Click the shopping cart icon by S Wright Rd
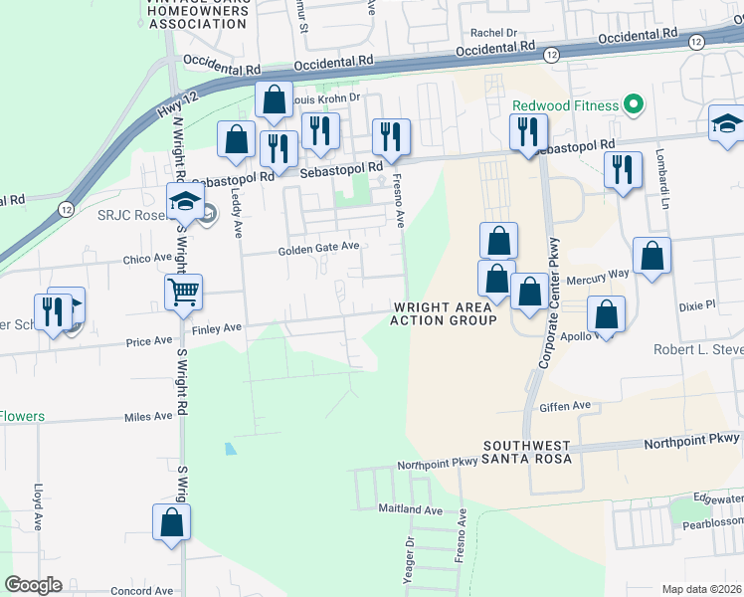point(183,292)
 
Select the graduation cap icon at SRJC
point(184,203)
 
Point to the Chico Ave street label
point(148,258)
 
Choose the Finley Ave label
point(217,327)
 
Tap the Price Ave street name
point(149,341)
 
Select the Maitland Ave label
point(410,509)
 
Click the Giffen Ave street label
point(564,406)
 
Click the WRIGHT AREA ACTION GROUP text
point(444,313)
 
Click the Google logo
point(33,585)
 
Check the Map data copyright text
point(701,589)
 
